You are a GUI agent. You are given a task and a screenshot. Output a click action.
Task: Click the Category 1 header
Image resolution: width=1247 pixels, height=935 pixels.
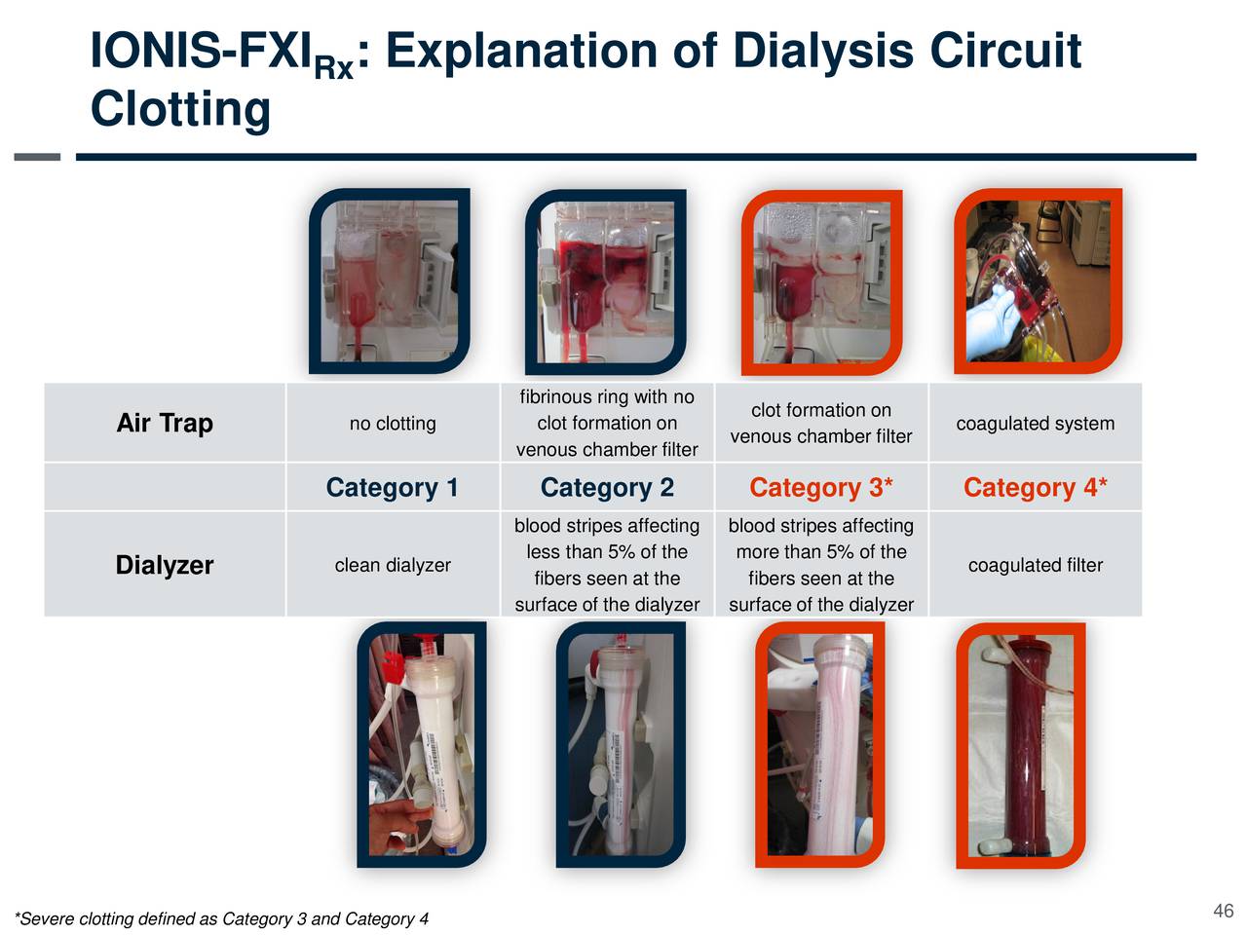click(x=392, y=487)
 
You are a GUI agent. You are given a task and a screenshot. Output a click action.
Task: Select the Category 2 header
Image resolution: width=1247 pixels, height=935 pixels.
click(x=606, y=487)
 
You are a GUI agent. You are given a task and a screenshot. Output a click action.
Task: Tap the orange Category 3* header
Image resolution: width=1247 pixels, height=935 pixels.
click(x=820, y=487)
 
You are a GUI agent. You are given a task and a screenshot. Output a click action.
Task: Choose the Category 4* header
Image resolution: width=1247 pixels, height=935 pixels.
click(x=1035, y=487)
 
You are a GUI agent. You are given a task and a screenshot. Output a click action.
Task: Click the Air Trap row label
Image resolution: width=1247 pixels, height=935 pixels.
click(x=165, y=423)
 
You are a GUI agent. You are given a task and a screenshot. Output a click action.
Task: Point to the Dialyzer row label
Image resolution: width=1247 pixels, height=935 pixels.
click(x=165, y=565)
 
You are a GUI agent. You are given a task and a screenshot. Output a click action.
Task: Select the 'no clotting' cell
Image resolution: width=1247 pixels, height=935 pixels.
click(x=393, y=424)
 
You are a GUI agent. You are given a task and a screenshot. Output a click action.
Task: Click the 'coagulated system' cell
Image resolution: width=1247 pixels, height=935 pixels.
click(x=1035, y=424)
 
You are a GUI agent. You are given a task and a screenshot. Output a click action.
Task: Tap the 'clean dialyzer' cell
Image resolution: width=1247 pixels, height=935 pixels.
click(x=393, y=565)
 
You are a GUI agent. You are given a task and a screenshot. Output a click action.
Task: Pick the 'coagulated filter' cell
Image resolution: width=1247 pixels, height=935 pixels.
click(x=1035, y=565)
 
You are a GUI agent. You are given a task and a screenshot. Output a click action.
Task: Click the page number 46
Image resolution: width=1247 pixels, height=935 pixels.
click(x=1223, y=911)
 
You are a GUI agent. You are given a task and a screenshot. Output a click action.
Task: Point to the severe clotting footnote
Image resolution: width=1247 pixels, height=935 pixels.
click(x=222, y=918)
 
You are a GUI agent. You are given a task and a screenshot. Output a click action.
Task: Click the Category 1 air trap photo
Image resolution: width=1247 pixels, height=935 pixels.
click(x=390, y=280)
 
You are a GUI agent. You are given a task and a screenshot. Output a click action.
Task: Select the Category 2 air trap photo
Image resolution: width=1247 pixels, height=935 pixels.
click(x=605, y=280)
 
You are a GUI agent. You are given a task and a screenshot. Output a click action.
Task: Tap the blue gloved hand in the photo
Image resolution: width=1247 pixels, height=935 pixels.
click(x=994, y=317)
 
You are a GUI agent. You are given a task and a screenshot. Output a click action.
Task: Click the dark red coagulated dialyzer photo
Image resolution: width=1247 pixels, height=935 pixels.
click(x=1021, y=745)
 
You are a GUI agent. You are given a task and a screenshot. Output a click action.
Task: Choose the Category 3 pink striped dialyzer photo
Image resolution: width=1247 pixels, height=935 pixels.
click(x=820, y=745)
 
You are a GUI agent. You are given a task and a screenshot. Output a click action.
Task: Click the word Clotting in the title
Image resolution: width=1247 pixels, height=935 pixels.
click(x=180, y=108)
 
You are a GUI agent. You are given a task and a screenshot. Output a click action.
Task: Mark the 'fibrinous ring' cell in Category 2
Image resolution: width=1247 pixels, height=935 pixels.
click(x=606, y=423)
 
